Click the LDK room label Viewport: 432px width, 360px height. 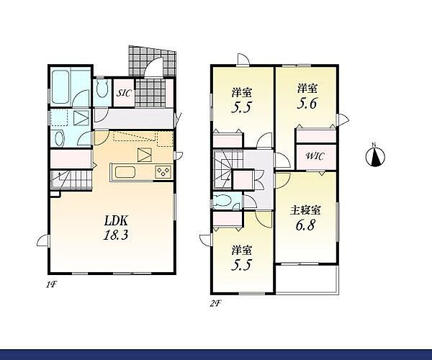(x=116, y=220)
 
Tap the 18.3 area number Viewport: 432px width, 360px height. (x=116, y=235)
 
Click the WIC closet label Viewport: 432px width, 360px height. (x=315, y=156)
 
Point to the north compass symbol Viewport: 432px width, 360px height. (x=375, y=156)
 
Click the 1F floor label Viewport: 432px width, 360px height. (x=51, y=285)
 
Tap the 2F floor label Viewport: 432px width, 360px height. (x=216, y=304)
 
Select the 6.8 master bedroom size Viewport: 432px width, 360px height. (x=305, y=225)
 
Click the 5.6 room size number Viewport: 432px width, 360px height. (x=307, y=104)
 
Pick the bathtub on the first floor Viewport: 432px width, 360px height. (x=60, y=86)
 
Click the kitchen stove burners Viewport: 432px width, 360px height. (x=163, y=172)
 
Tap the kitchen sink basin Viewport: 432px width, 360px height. (x=125, y=172)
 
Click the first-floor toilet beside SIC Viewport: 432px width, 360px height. (x=102, y=89)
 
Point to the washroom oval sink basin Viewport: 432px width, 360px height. (x=59, y=138)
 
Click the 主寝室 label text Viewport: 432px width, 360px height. (x=305, y=210)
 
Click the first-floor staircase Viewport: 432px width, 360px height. (x=71, y=179)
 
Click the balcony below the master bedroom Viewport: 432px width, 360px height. (x=307, y=279)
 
